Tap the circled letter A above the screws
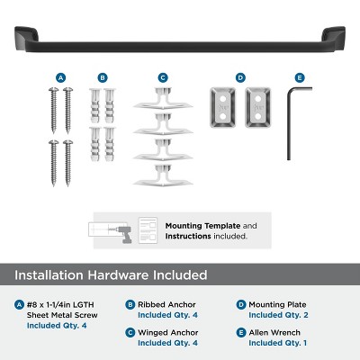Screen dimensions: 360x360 (x=60, y=77)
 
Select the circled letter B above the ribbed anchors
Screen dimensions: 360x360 (x=103, y=77)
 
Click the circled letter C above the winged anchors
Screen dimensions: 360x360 (x=162, y=77)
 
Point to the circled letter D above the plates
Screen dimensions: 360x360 (x=240, y=77)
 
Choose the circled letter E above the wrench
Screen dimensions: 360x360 (x=299, y=77)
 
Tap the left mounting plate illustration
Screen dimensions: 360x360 (x=221, y=105)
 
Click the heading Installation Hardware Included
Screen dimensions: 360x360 (x=111, y=274)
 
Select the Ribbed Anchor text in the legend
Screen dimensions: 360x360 (x=170, y=305)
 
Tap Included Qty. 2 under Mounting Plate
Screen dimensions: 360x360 (x=282, y=315)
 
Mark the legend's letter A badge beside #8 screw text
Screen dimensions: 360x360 (x=21, y=305)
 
